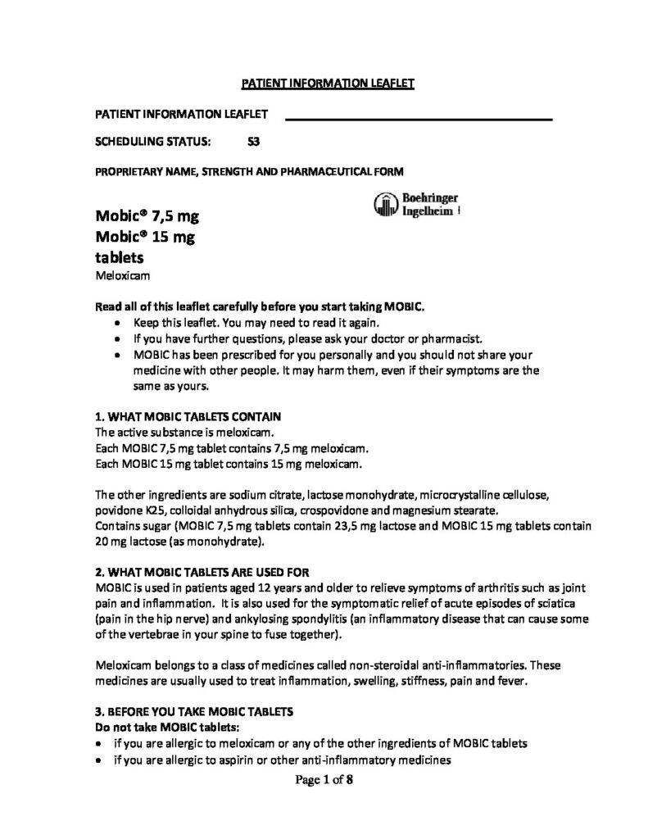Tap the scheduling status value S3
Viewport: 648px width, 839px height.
coord(254,141)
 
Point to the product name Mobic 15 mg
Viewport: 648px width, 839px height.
coord(147,238)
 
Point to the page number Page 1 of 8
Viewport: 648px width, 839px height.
coord(324,781)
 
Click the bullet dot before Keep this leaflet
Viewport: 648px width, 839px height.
coord(121,323)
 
